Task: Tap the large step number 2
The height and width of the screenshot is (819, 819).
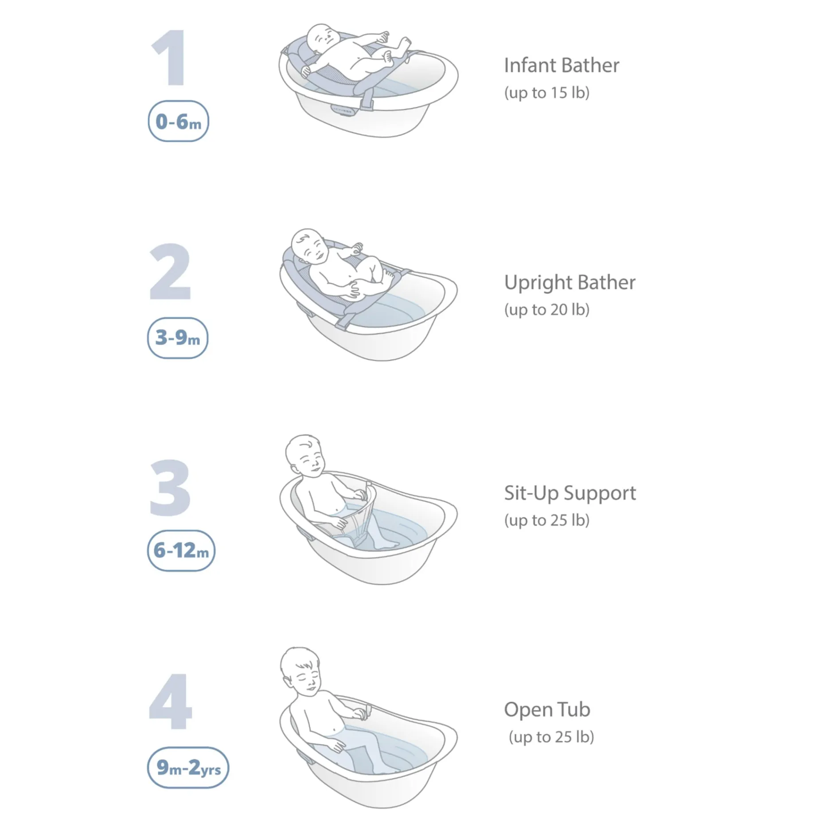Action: coord(170,272)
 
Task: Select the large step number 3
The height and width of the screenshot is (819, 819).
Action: coord(170,487)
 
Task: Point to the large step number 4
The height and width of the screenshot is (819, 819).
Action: coord(171,702)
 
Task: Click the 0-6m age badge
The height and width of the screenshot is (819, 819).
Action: coord(178,121)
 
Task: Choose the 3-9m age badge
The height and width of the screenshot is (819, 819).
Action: coord(178,338)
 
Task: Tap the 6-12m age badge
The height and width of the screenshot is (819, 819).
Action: coord(181,550)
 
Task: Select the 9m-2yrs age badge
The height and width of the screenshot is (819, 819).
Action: coord(188,768)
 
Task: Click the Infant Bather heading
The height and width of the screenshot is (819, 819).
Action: coord(562,66)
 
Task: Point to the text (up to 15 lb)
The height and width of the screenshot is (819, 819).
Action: coord(547,93)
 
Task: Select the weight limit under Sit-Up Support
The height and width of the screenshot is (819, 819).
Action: coord(547,521)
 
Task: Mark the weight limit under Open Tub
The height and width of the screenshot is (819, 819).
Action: coord(551,737)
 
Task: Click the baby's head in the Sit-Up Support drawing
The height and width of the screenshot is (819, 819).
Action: coord(305,456)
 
